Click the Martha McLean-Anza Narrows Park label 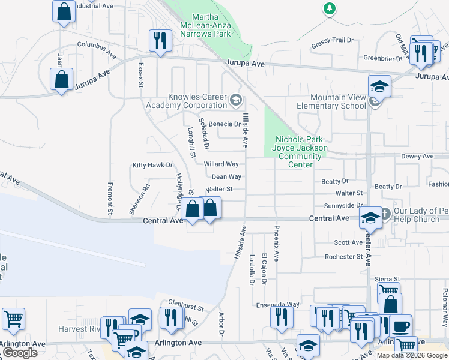(x=205, y=25)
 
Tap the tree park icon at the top (x=329, y=8)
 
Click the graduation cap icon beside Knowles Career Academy (x=235, y=99)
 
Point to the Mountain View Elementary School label (x=337, y=101)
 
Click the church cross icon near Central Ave (x=386, y=213)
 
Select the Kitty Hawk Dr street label (x=152, y=165)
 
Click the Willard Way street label (x=221, y=164)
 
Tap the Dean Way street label (x=226, y=176)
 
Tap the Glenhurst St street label (x=170, y=302)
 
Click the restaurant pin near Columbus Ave (x=160, y=41)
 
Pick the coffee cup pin (x=400, y=326)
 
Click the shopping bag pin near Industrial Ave (x=64, y=11)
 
